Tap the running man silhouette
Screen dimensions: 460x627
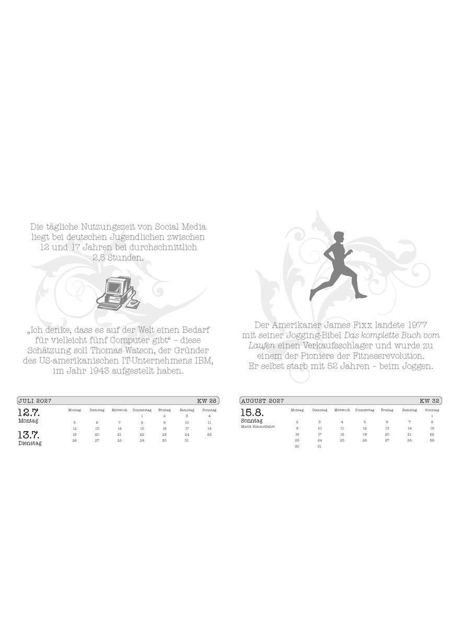pyautogui.click(x=338, y=266)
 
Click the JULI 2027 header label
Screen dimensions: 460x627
pyautogui.click(x=34, y=401)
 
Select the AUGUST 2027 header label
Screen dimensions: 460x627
pyautogui.click(x=262, y=401)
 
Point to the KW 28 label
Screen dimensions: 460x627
pyautogui.click(x=206, y=401)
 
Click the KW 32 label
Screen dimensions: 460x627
pyautogui.click(x=430, y=401)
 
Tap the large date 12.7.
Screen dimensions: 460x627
pyautogui.click(x=29, y=413)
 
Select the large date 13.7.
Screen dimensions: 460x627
pyautogui.click(x=29, y=435)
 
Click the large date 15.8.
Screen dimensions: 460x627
pyautogui.click(x=252, y=413)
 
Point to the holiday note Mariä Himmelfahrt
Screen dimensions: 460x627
pyautogui.click(x=258, y=426)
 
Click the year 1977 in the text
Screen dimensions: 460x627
pyautogui.click(x=417, y=325)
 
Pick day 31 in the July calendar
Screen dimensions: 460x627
pyautogui.click(x=187, y=440)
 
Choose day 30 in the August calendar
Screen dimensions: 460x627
pyautogui.click(x=297, y=446)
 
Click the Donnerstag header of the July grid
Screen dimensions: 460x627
pyautogui.click(x=142, y=410)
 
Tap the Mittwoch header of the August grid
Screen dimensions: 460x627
pyautogui.click(x=342, y=410)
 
